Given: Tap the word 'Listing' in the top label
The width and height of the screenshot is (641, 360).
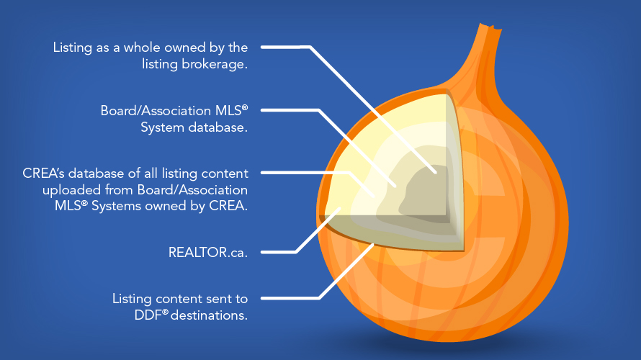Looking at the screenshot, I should pos(71,48).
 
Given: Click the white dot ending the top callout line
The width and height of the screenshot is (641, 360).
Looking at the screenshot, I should pos(436,172).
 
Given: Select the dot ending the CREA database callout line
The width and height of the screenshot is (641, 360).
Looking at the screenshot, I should pos(373,194).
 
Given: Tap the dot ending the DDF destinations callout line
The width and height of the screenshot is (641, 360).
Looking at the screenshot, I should pos(372,246).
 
